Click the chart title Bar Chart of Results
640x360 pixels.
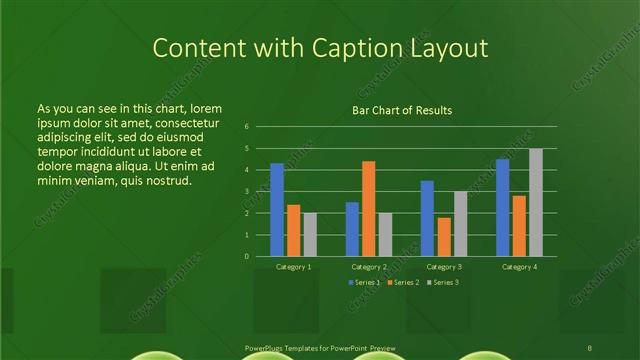click(x=401, y=109)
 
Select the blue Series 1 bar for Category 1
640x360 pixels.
click(x=277, y=209)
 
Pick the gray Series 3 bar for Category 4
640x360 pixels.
click(x=536, y=202)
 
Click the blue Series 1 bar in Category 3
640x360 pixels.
click(x=427, y=218)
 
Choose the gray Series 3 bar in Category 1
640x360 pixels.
click(x=310, y=234)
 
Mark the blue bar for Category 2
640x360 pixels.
click(x=352, y=229)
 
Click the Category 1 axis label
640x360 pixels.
click(x=293, y=267)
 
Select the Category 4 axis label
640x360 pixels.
click(x=518, y=267)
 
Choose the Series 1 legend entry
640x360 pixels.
click(x=364, y=283)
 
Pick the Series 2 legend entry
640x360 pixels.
click(x=402, y=283)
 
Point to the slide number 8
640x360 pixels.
click(x=590, y=349)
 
